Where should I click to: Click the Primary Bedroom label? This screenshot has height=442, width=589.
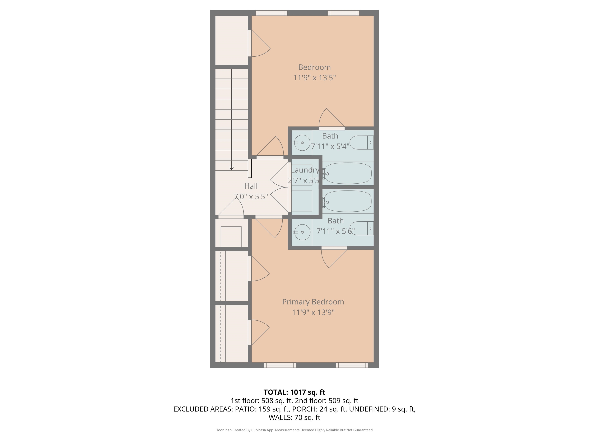(x=313, y=302)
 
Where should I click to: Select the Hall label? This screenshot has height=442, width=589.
(x=251, y=186)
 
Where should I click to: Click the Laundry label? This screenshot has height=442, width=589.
(x=305, y=170)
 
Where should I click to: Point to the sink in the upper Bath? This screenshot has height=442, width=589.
(x=302, y=143)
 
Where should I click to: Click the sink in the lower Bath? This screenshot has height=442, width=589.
(x=302, y=232)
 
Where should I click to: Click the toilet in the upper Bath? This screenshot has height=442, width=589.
(x=361, y=143)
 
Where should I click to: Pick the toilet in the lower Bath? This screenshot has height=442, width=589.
(x=361, y=228)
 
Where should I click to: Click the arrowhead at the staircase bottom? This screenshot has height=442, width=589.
(x=231, y=168)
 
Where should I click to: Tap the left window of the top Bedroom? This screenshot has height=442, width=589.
(x=271, y=13)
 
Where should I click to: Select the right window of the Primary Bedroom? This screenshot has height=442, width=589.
(x=352, y=365)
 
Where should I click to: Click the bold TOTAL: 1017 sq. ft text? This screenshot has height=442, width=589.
(x=294, y=392)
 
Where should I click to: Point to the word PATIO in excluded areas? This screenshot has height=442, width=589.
(x=245, y=409)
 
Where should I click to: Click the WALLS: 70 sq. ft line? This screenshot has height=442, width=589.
(x=294, y=417)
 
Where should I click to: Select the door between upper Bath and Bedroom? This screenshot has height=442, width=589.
(x=332, y=128)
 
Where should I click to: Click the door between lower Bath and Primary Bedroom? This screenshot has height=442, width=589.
(x=334, y=248)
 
